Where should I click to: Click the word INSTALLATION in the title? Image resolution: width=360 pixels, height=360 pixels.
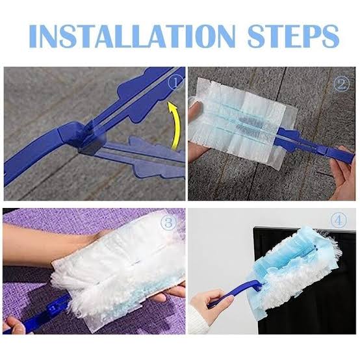133,36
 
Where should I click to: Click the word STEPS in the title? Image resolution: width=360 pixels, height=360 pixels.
294,36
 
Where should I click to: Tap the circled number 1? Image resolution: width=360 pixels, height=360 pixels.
176,83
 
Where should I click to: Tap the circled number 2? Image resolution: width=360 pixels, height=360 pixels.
341,84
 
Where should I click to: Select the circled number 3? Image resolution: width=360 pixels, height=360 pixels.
169,223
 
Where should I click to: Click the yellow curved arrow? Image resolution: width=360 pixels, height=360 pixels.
174,125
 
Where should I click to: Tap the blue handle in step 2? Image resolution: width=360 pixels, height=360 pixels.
315,146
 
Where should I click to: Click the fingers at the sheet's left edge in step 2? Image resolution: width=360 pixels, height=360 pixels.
195,120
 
